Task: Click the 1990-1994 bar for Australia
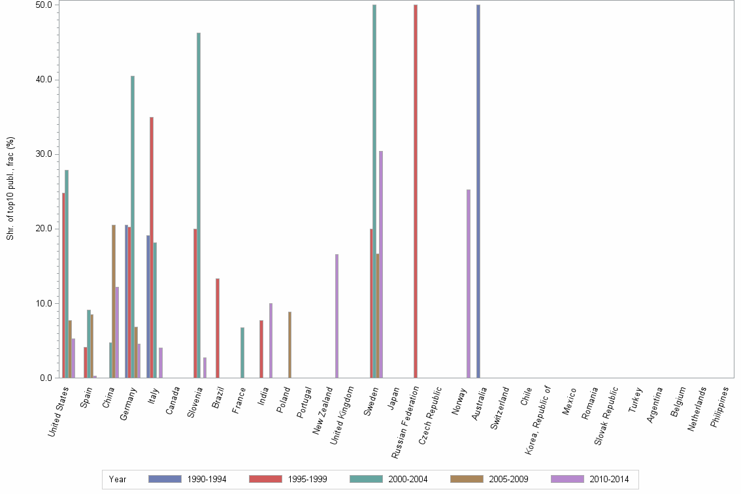click(478, 191)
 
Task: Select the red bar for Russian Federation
click(416, 191)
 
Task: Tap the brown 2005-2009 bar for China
click(114, 301)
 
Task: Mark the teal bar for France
click(242, 352)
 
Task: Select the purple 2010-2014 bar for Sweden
click(381, 264)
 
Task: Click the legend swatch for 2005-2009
click(467, 479)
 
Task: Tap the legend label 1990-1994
click(206, 480)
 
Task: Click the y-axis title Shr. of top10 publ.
click(10, 188)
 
